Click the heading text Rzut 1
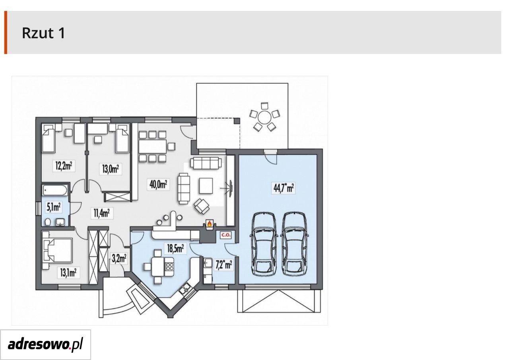(43, 33)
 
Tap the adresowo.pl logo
(45, 344)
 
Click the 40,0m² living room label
(158, 185)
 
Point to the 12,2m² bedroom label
(64, 166)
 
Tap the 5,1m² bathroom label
(54, 208)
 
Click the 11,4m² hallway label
(102, 213)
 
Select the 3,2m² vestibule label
(119, 259)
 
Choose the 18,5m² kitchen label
(175, 248)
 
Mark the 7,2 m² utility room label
(224, 265)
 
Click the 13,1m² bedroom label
(68, 272)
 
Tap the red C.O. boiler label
(225, 235)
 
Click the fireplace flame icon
(209, 224)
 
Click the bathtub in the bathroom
(55, 190)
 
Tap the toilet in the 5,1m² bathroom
(48, 222)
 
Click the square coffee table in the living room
(206, 186)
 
